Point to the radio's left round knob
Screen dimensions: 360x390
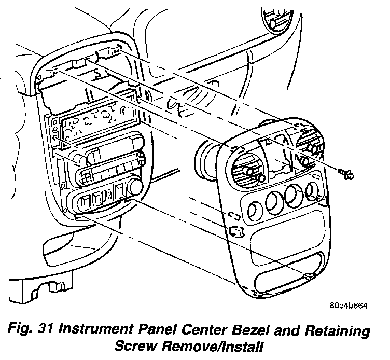(x=79, y=158)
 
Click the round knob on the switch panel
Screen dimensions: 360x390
(x=137, y=185)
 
